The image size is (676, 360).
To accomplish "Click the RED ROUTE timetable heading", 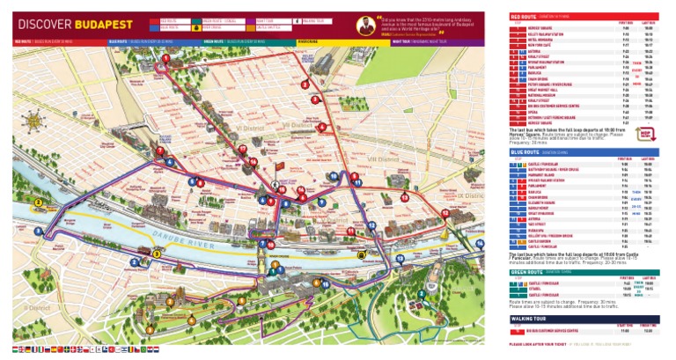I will pos(524,16).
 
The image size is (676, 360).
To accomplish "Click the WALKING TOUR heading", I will pos(531,319).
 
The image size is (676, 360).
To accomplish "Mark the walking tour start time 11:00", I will pos(623,332).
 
